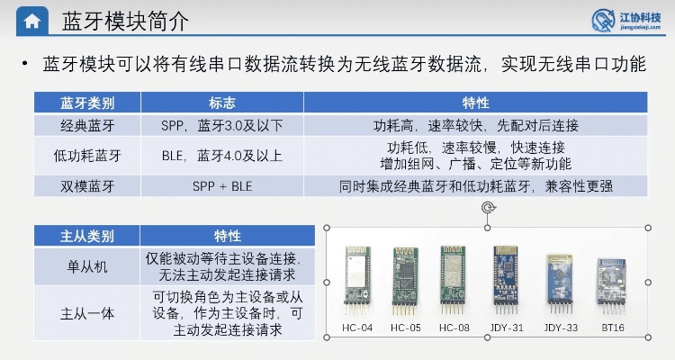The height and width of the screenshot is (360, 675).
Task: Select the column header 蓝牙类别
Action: point(87,102)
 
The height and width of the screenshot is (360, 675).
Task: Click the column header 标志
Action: point(221,102)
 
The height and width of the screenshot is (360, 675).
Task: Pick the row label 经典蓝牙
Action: point(87,124)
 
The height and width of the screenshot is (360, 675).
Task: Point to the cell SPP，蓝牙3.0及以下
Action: point(221,124)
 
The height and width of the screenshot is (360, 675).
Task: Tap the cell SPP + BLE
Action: point(221,187)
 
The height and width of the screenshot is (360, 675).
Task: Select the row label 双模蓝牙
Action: point(87,187)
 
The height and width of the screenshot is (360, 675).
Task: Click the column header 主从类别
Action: point(87,236)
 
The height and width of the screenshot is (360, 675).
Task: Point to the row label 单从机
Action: point(87,265)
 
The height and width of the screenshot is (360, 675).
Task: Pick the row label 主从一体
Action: point(87,313)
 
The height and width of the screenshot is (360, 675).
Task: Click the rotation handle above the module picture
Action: point(488,208)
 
